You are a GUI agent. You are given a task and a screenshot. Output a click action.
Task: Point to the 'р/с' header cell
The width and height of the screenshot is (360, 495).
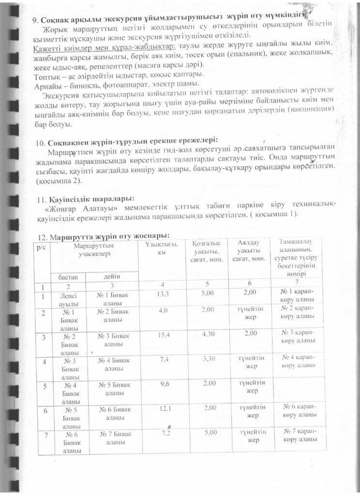(x=41, y=247)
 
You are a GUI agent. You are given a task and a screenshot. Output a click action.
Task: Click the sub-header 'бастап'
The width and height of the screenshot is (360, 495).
(x=68, y=277)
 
